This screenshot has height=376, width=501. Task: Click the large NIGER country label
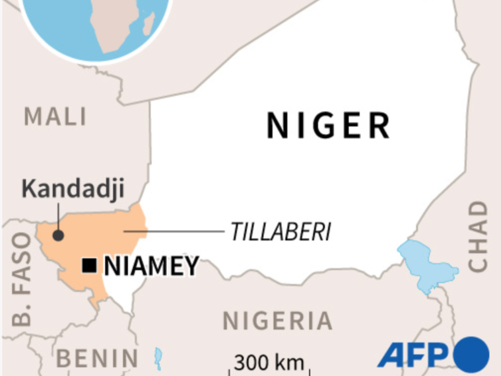point(328,126)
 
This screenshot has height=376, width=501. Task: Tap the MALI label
point(55,117)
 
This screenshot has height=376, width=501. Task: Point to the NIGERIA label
point(277,321)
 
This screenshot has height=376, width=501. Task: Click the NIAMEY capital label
point(151,266)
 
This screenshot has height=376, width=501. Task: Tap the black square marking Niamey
point(88,266)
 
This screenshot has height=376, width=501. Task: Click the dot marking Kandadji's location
point(58,235)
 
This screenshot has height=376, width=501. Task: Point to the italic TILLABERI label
point(281,232)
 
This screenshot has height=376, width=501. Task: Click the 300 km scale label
point(269,362)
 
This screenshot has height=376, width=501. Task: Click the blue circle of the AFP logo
point(471,353)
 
